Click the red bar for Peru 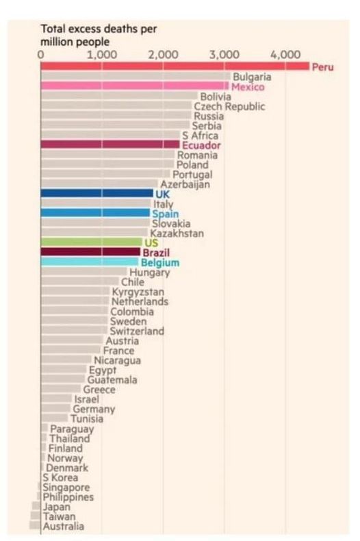point(175,66)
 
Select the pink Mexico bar point(134,87)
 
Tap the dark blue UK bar point(97,194)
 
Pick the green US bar point(91,242)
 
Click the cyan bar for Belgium point(90,262)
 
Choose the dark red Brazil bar point(90,252)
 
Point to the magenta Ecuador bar point(110,144)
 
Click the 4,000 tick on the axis point(285,55)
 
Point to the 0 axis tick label point(41,55)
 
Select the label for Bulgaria point(252,77)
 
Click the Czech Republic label point(229,106)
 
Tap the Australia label point(64,526)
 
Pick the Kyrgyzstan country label point(138,292)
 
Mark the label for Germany point(94,409)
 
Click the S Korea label point(59,477)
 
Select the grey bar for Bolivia point(118,97)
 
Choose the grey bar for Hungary point(83,272)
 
